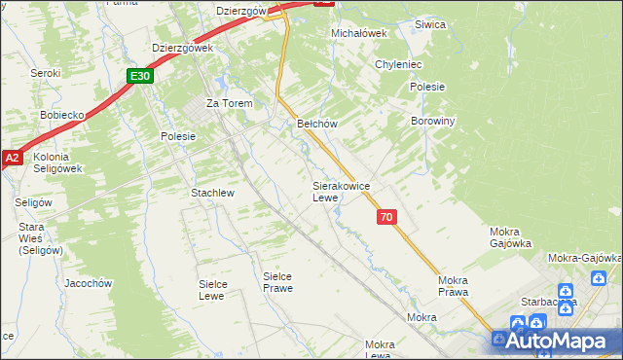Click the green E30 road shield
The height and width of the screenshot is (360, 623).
coord(140,76)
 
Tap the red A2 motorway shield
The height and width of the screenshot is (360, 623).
coord(12,158)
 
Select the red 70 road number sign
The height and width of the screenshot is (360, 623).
coord(386,218)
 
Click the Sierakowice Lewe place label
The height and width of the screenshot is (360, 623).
coord(340,191)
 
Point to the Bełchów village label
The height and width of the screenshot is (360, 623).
coord(316,125)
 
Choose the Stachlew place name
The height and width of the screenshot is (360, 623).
coord(212,193)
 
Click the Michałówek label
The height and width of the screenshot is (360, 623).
coord(359,33)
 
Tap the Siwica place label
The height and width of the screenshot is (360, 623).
coord(429,24)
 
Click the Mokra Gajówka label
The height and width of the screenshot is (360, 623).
coord(509,238)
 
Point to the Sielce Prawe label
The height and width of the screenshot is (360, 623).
coord(277,282)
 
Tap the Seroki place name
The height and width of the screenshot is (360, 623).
coord(46,73)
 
